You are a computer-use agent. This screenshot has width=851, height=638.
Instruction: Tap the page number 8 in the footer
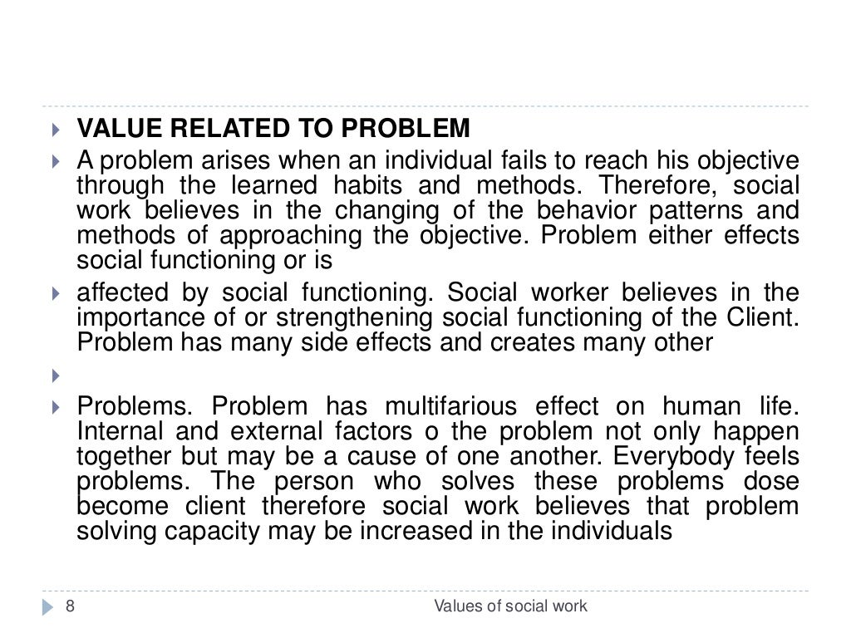click(70, 606)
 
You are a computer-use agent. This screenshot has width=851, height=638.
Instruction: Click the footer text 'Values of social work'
click(511, 606)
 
